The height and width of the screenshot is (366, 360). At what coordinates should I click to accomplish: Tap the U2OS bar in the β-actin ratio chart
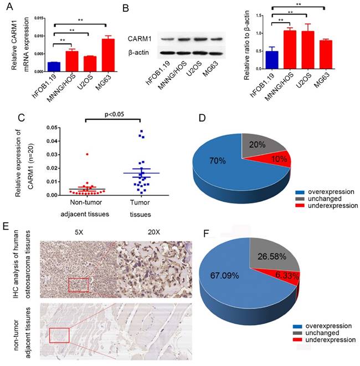(x=310, y=49)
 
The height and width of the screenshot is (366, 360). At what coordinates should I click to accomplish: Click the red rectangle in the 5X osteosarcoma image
(x=78, y=284)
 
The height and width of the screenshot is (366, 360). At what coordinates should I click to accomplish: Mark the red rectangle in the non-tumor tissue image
(x=59, y=335)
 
